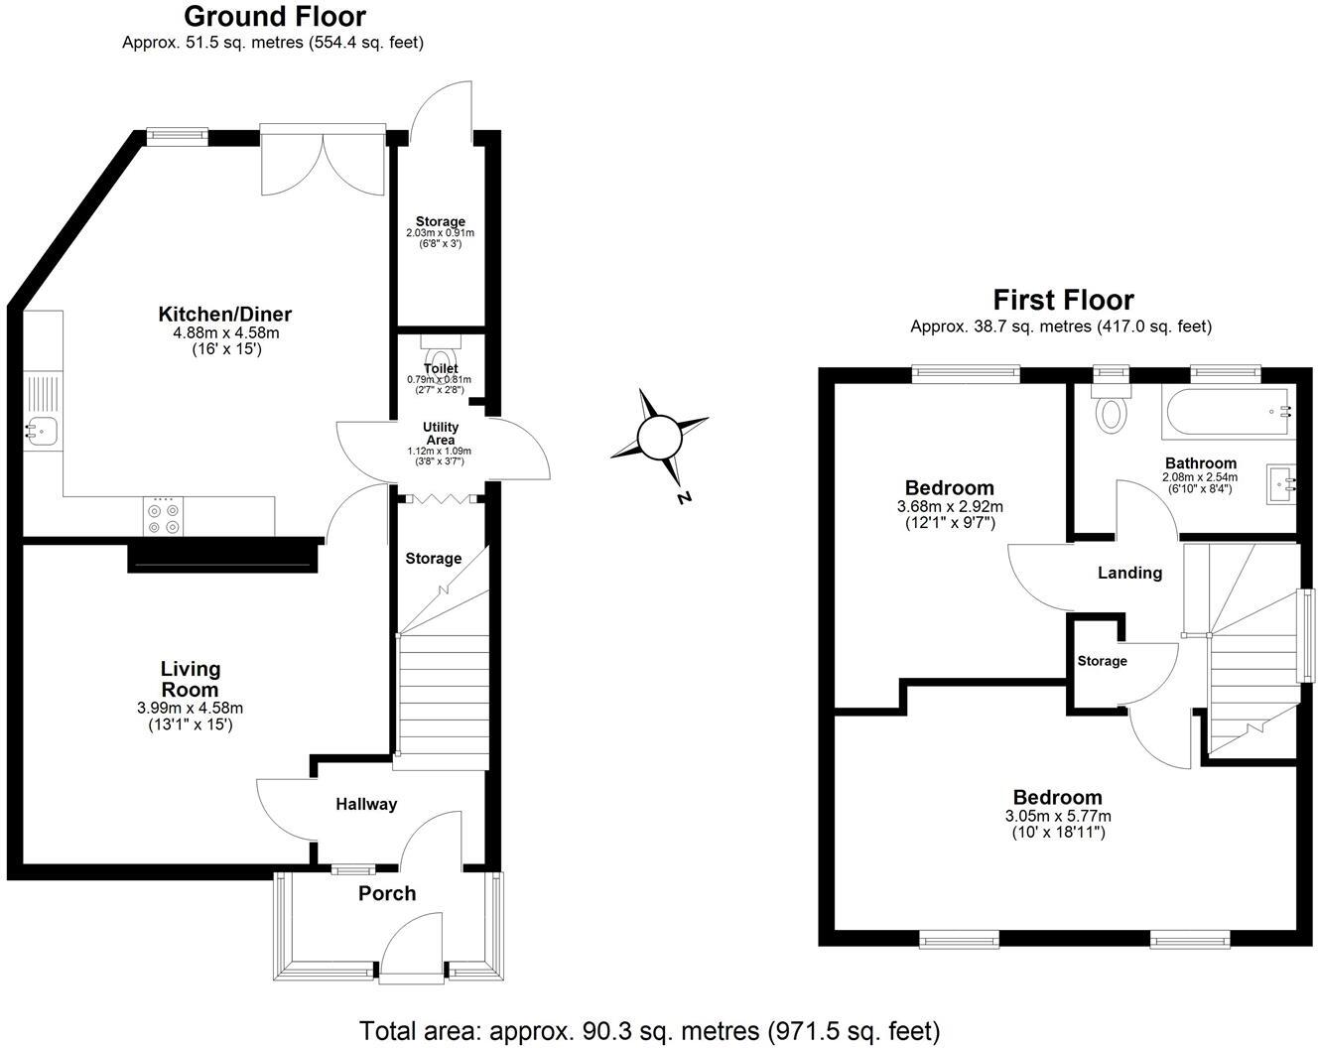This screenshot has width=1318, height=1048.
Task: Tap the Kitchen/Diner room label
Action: click(225, 315)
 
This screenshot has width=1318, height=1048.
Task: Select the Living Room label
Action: click(191, 679)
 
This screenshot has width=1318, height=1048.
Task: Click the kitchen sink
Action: click(42, 430)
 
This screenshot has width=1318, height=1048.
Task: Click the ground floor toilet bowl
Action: click(441, 355)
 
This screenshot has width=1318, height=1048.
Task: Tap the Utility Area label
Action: click(441, 434)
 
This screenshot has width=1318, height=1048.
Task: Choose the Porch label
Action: click(387, 893)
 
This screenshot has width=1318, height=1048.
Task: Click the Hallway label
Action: click(366, 804)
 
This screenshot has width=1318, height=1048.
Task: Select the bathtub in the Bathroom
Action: click(1229, 414)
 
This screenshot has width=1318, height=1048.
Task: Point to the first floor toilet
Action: click(1110, 410)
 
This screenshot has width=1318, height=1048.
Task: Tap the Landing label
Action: click(1129, 573)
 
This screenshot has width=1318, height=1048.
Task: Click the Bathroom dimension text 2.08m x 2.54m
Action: click(1200, 477)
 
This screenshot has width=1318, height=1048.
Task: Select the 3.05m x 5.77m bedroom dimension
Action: click(1057, 816)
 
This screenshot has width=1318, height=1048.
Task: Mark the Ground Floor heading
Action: click(275, 17)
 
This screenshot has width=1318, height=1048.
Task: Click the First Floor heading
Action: click(1063, 300)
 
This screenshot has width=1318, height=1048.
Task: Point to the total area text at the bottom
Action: click(649, 1030)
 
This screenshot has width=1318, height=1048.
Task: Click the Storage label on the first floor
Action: click(1102, 661)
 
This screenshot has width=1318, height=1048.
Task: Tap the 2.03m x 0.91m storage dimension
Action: click(441, 233)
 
